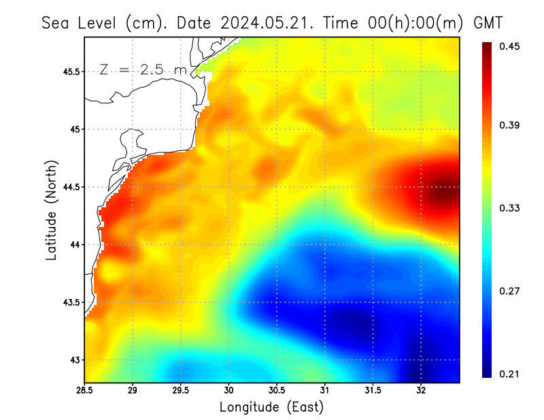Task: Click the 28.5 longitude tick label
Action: (84, 390)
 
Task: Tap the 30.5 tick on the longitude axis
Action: (277, 390)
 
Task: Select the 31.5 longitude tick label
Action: (373, 390)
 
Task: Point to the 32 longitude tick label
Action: (421, 390)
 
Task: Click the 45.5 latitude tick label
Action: (70, 71)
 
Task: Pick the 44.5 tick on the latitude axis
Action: (70, 187)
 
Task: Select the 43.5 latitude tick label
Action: (70, 302)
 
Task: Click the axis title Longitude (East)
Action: (271, 406)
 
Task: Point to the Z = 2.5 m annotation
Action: (142, 69)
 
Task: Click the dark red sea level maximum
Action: (443, 193)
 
